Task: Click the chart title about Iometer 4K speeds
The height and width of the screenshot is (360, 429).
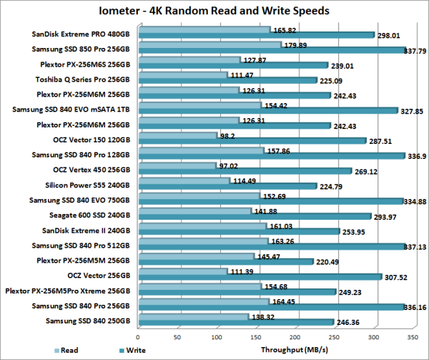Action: point(214,11)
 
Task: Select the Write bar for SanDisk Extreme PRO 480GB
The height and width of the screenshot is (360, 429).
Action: point(257,35)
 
